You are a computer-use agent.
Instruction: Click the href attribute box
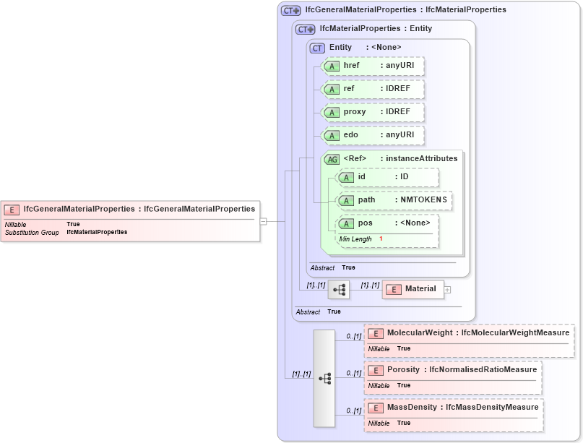[x=373, y=66]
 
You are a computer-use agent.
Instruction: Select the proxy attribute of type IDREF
[x=373, y=112]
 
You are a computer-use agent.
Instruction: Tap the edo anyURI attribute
[x=373, y=135]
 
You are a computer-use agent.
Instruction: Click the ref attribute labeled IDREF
[x=373, y=89]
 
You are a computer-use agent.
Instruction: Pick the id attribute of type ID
[x=387, y=177]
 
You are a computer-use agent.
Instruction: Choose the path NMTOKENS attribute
[x=394, y=200]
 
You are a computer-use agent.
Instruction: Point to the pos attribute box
[x=387, y=223]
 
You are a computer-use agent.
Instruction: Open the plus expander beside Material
[x=447, y=289]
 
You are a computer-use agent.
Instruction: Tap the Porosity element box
[x=452, y=370]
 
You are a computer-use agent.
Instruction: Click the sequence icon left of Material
[x=339, y=289]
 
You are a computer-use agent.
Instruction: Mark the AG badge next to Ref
[x=332, y=159]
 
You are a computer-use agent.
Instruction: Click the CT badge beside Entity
[x=317, y=48]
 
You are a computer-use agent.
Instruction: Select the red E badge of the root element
[x=12, y=210]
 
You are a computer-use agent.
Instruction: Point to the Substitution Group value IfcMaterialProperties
[x=97, y=233]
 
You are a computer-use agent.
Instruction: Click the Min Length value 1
[x=381, y=239]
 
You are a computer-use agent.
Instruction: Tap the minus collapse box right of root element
[x=264, y=221]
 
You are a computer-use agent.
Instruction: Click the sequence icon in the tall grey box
[x=324, y=378]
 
